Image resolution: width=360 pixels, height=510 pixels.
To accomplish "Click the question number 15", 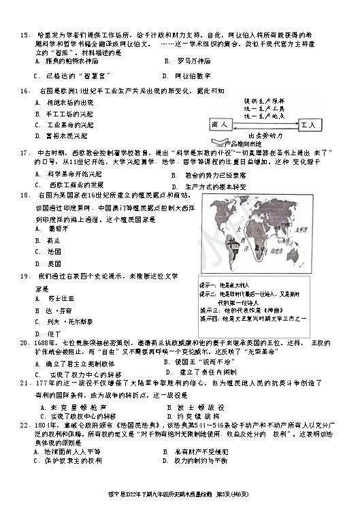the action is [x=24, y=32].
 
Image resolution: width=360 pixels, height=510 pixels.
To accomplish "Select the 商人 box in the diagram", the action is [x=220, y=125].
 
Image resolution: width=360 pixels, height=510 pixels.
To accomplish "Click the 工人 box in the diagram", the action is [x=308, y=125].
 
